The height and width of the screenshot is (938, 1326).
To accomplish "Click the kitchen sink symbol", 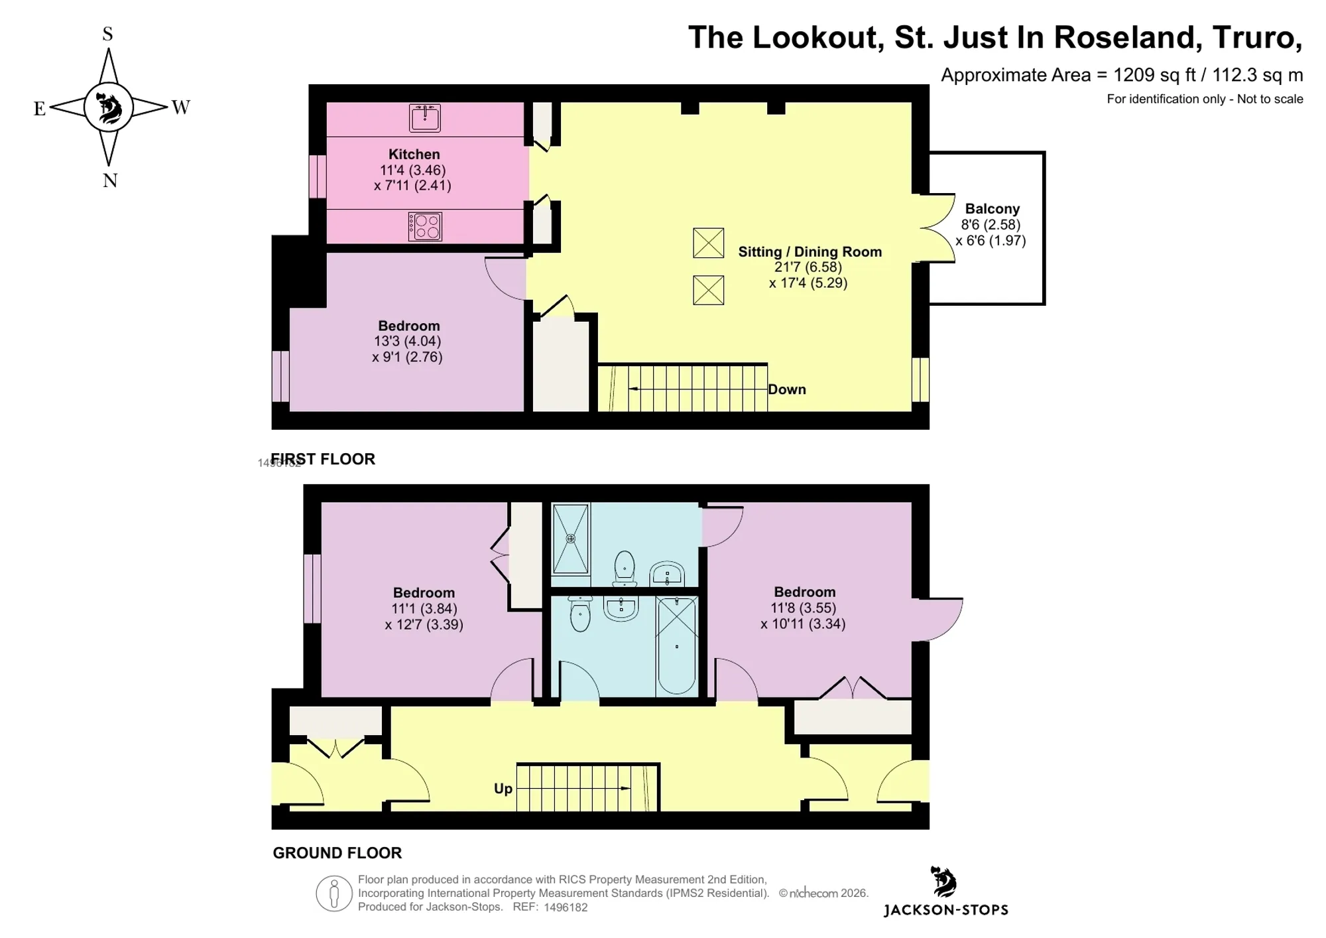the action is pyautogui.click(x=425, y=118).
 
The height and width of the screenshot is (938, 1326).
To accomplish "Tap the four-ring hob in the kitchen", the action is pyautogui.click(x=425, y=227).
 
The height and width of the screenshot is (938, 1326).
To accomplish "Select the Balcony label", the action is pyautogui.click(x=992, y=208).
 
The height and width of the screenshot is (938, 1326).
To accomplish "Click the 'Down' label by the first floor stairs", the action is pyautogui.click(x=787, y=389).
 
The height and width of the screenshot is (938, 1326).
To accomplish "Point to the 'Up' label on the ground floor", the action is pyautogui.click(x=503, y=789).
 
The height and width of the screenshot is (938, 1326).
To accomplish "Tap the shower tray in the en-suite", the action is pyautogui.click(x=571, y=539).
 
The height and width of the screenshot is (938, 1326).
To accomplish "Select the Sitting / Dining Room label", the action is pyautogui.click(x=810, y=252).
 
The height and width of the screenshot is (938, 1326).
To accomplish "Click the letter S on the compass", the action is pyautogui.click(x=107, y=34).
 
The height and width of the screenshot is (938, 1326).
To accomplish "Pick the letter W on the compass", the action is pyautogui.click(x=180, y=107).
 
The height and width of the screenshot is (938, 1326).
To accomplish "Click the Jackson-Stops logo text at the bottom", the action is pyautogui.click(x=946, y=910).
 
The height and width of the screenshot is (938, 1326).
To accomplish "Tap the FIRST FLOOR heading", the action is pyautogui.click(x=323, y=459).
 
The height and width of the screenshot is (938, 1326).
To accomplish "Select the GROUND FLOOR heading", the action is pyautogui.click(x=337, y=853).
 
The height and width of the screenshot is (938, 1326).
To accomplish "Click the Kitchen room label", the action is pyautogui.click(x=414, y=154).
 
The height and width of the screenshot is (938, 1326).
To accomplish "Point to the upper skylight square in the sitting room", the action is pyautogui.click(x=708, y=243).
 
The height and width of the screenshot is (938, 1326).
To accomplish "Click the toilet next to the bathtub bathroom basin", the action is pyautogui.click(x=580, y=614).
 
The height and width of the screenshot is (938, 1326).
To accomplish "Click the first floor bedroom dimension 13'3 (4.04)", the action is pyautogui.click(x=407, y=341).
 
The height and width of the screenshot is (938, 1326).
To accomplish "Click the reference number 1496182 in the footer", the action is pyautogui.click(x=566, y=907).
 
